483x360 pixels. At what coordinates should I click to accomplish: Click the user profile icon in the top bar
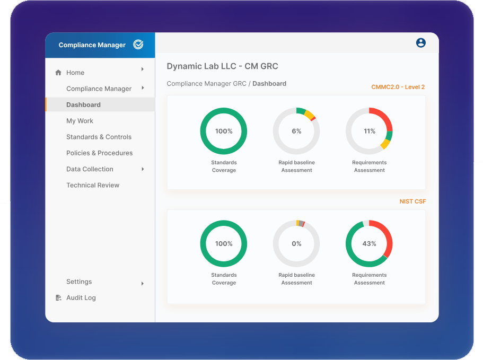[420, 43]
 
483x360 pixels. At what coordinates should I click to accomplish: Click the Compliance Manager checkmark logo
[138, 45]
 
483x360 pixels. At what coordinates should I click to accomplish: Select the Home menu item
[75, 73]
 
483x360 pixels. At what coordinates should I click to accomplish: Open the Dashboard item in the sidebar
[83, 105]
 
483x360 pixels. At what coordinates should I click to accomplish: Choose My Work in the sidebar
[80, 121]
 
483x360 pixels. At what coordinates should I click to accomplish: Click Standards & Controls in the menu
[99, 137]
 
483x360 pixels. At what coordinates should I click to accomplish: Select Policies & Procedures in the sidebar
[99, 153]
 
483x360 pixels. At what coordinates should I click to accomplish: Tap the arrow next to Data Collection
[143, 169]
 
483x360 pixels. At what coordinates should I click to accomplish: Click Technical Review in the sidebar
[93, 185]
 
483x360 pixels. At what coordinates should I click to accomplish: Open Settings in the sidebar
[79, 282]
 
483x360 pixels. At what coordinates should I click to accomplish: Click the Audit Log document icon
[58, 298]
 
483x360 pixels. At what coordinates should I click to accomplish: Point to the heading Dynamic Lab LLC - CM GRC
[222, 66]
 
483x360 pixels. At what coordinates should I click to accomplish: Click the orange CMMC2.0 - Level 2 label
[398, 87]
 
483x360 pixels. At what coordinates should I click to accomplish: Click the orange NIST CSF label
[412, 201]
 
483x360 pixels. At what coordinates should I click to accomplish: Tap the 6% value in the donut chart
[296, 131]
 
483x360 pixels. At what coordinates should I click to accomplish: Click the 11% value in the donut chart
[370, 131]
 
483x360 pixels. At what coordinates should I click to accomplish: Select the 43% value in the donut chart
[370, 244]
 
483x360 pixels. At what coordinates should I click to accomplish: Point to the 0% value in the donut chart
[296, 244]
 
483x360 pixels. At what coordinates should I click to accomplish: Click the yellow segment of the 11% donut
[385, 144]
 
